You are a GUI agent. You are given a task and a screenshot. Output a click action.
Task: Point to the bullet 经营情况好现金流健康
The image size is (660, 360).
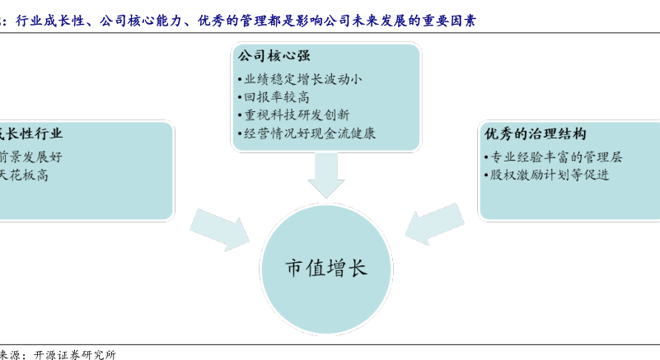309,133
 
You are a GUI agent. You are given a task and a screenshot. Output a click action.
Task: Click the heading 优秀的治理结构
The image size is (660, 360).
535,134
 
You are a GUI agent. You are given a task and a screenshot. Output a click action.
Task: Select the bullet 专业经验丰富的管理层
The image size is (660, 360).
553,157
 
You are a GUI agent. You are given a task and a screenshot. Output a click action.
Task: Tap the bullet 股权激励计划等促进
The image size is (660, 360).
546,175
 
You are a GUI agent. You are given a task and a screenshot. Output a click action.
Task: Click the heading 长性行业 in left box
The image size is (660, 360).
30,134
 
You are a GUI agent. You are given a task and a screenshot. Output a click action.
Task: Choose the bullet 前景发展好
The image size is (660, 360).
30,157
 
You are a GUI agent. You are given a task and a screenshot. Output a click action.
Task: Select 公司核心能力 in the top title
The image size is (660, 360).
138,21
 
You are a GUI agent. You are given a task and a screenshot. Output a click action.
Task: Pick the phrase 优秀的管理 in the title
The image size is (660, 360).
232,21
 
